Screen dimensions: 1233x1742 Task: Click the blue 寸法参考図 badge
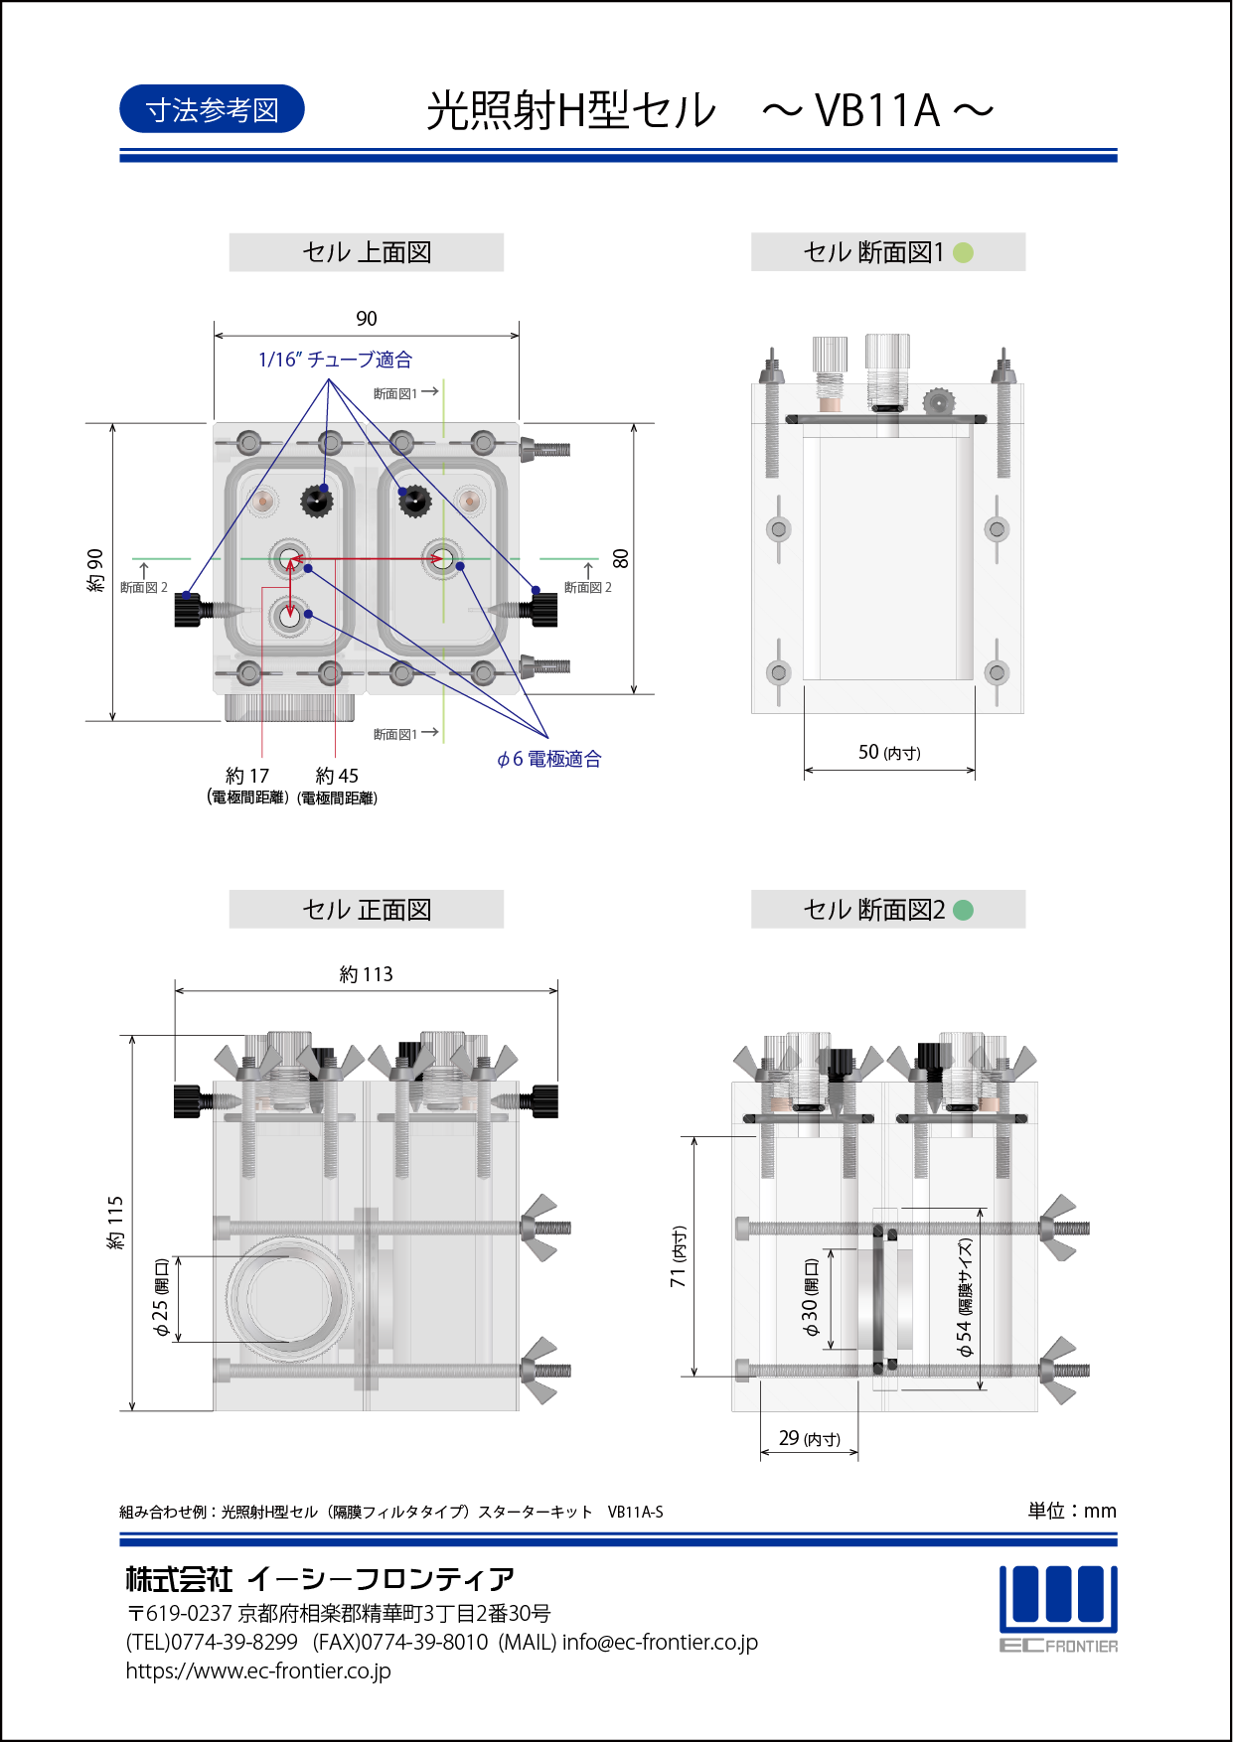coord(212,109)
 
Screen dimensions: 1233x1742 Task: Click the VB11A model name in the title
coord(876,110)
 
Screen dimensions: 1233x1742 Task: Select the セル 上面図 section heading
coord(367,252)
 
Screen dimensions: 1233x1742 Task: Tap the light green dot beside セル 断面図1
coord(963,252)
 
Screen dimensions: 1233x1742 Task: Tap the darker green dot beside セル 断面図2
coord(963,910)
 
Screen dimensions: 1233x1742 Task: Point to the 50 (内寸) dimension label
coord(889,753)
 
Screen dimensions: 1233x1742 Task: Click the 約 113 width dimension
coord(366,974)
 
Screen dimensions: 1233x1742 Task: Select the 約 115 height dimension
coord(115,1223)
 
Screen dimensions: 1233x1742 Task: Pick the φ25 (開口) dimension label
coord(161,1297)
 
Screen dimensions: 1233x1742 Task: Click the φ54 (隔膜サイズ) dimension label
coord(964,1297)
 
